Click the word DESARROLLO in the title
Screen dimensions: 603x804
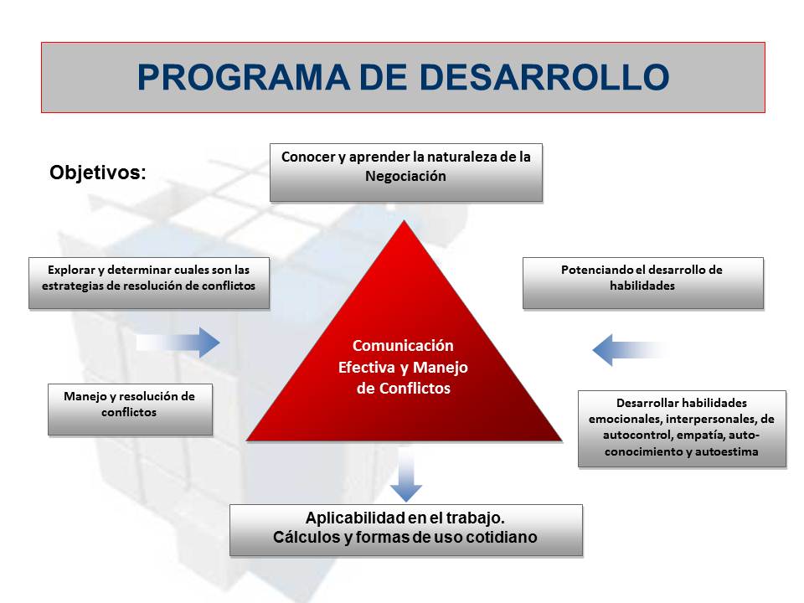544,77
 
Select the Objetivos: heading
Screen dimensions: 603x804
98,173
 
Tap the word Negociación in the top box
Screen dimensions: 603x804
405,176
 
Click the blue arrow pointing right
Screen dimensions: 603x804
179,343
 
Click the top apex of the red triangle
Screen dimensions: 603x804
405,223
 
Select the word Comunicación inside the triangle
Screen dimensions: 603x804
403,345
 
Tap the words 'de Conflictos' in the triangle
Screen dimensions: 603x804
403,389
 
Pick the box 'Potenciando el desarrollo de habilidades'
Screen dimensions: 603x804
642,283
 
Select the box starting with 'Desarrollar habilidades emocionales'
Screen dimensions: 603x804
681,427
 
